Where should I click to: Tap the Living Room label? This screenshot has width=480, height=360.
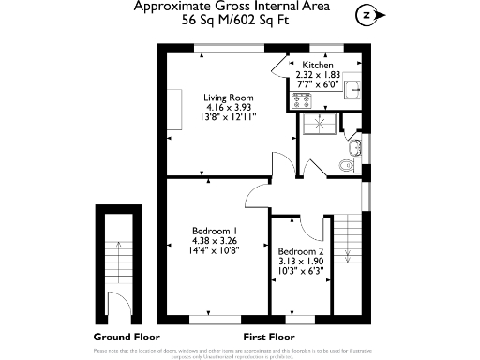pos(230,97)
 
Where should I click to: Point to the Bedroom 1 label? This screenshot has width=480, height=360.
pos(215,231)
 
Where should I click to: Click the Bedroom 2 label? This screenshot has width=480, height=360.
pos(301,251)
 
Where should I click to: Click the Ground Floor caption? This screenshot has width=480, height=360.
pos(127,337)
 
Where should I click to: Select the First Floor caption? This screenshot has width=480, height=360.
pos(269,337)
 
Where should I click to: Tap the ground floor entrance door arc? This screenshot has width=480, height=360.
pos(116,303)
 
